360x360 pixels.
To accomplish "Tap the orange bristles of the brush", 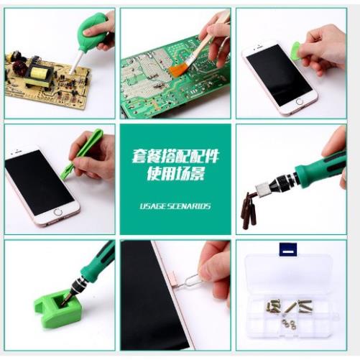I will pos(178,68).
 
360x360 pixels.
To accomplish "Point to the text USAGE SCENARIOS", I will pos(175,206).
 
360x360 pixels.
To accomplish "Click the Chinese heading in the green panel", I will pos(175,163).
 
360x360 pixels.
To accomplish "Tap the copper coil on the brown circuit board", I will pos(19,72).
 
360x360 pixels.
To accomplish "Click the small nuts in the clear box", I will pos(288,324).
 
